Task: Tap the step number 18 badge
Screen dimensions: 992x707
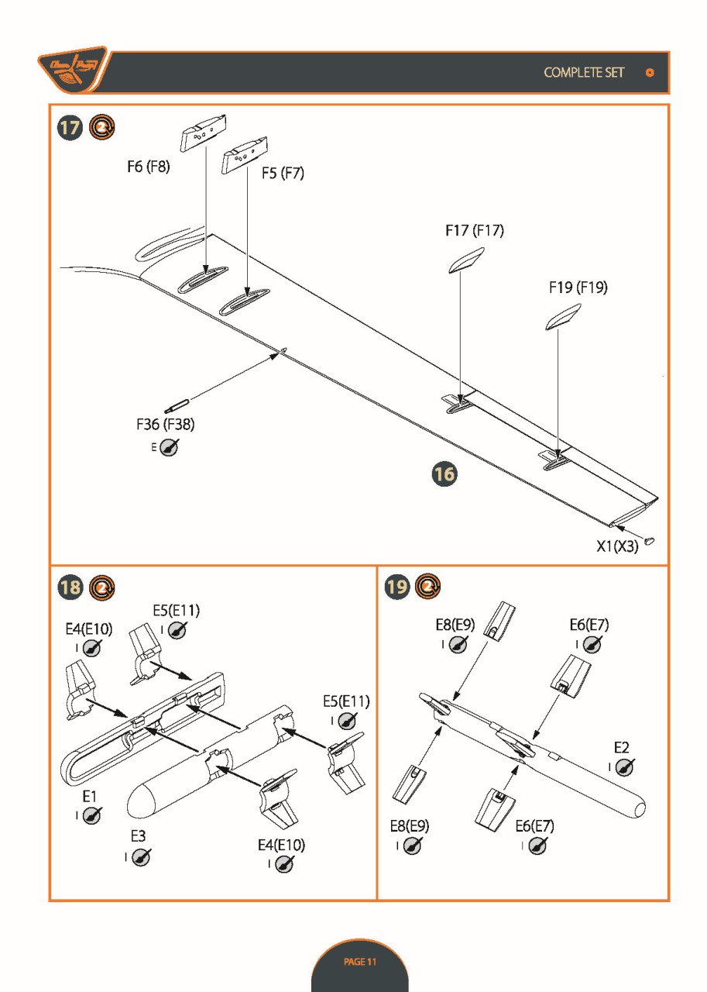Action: point(70,587)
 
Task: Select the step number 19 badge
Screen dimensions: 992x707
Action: point(396,587)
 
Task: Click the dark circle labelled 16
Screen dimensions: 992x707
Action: point(444,474)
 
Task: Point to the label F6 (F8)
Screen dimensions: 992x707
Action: point(148,167)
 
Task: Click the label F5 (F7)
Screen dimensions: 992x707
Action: point(283,174)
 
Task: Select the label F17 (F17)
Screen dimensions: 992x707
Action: point(475,230)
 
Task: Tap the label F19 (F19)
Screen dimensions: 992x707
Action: point(578,288)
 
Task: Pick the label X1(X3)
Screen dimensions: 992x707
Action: point(617,546)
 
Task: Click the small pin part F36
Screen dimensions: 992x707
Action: point(177,405)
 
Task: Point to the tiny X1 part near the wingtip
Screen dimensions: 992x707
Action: point(649,540)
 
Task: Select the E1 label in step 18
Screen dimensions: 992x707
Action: point(90,797)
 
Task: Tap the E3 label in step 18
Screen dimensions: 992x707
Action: point(138,836)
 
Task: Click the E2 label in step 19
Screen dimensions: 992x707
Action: point(621,747)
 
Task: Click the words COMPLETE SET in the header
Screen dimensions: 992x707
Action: point(584,73)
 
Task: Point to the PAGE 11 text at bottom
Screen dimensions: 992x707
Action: point(359,962)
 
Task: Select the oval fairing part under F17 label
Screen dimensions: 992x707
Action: point(467,260)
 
